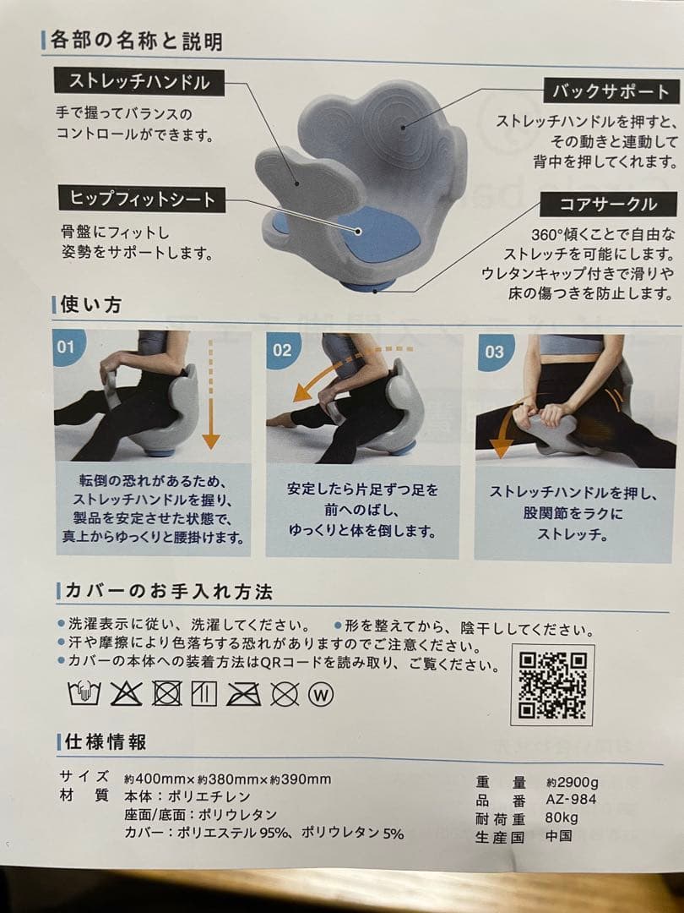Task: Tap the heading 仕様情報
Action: point(106,741)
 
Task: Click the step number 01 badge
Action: point(67,347)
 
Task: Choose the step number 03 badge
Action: point(494,351)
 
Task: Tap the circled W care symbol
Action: point(322,694)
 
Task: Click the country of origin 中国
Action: point(559,835)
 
